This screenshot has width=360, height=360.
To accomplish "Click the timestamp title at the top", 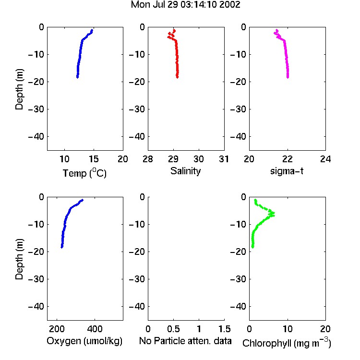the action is [185, 5].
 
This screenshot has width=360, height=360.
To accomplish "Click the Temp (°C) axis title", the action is [84, 173].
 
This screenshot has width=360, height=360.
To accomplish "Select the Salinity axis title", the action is [185, 171].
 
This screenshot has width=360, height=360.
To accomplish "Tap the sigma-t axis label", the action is [287, 171].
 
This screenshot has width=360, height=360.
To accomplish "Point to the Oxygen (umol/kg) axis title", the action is [84, 341].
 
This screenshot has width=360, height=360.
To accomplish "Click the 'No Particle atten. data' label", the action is [185, 341].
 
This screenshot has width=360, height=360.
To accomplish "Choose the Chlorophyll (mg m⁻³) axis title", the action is [287, 343].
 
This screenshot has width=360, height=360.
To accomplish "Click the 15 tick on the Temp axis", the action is [94, 159].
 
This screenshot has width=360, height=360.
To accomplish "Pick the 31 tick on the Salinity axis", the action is [224, 159].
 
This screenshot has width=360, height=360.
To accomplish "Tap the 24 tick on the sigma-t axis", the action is [325, 159].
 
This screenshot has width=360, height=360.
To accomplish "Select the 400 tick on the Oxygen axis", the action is [95, 329].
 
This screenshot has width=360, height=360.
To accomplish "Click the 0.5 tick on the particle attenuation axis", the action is [173, 329].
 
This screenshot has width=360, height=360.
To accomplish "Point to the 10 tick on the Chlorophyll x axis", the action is [288, 329].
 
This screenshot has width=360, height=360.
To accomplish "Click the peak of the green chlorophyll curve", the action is [274, 214].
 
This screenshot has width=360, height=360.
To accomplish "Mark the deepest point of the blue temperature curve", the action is [78, 77].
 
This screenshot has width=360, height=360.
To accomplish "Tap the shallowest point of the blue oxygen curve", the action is [83, 200].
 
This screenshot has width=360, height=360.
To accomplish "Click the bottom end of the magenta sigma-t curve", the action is [288, 77].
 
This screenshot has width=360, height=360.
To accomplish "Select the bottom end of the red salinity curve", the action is [177, 77].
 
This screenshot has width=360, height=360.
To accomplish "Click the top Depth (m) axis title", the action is [19, 89].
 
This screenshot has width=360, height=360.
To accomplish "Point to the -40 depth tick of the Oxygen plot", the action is [36, 306].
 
